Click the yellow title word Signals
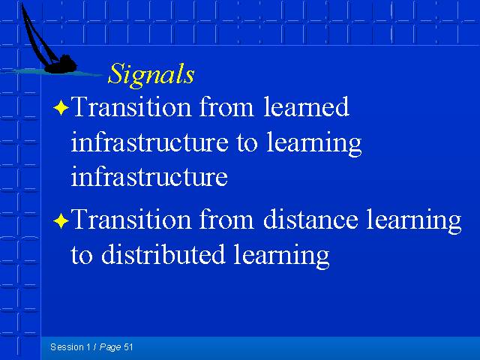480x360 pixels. (x=151, y=74)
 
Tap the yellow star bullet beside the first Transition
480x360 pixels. (x=61, y=108)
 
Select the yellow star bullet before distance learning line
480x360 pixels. (x=61, y=220)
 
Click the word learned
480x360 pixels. (x=306, y=106)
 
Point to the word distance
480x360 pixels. (x=310, y=219)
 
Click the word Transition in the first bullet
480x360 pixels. (x=131, y=106)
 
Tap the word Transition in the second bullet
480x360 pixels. (x=131, y=219)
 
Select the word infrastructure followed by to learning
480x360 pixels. (x=149, y=142)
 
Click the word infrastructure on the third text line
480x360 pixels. (x=149, y=177)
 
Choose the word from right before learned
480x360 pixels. (x=226, y=106)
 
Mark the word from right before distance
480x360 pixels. (x=226, y=219)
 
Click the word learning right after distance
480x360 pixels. (x=414, y=221)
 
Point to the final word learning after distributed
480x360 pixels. (x=282, y=256)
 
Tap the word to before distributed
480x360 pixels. (x=82, y=255)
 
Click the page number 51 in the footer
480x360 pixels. (x=128, y=346)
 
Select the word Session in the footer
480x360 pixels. (x=67, y=346)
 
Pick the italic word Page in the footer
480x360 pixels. (x=110, y=347)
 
